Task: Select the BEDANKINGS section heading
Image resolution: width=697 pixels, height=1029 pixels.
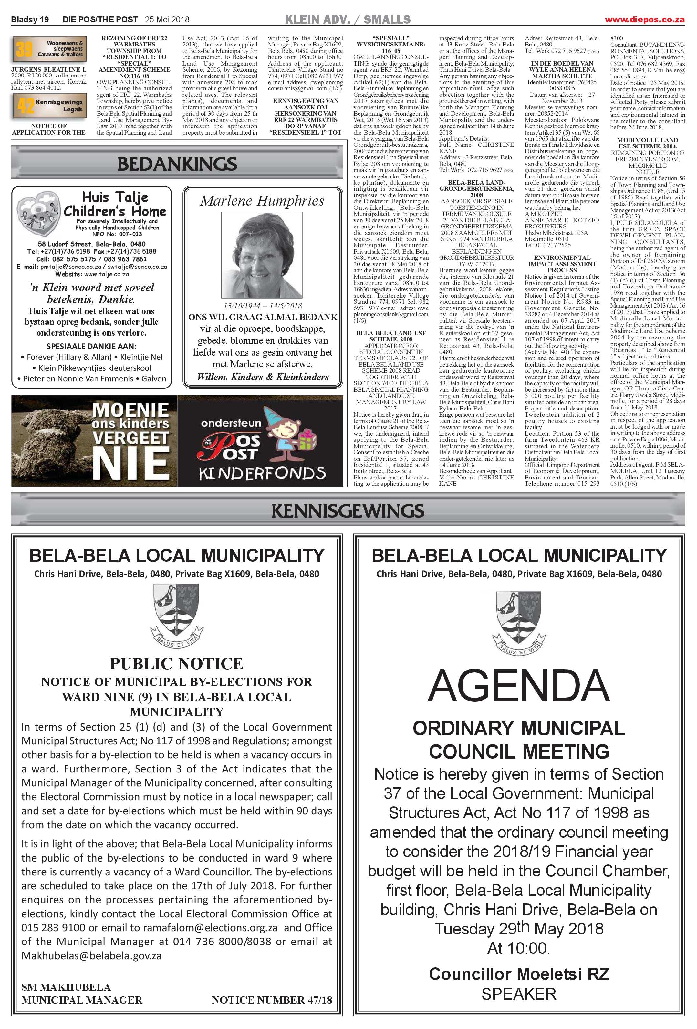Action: click(x=177, y=164)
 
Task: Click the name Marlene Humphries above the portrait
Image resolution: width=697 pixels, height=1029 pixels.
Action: click(x=262, y=201)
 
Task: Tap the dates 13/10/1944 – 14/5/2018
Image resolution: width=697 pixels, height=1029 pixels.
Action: click(x=263, y=306)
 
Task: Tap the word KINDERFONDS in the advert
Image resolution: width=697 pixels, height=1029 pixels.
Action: click(x=262, y=473)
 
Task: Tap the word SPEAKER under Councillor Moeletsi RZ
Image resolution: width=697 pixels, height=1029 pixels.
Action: click(x=518, y=994)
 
